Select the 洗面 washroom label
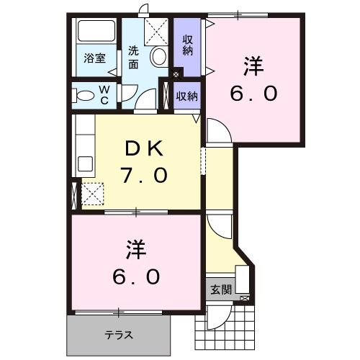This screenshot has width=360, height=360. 134,57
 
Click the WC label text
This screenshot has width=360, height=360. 104,94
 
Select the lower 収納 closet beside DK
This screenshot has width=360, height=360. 187,95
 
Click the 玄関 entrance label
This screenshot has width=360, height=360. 220,291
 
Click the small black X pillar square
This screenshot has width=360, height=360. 178,73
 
